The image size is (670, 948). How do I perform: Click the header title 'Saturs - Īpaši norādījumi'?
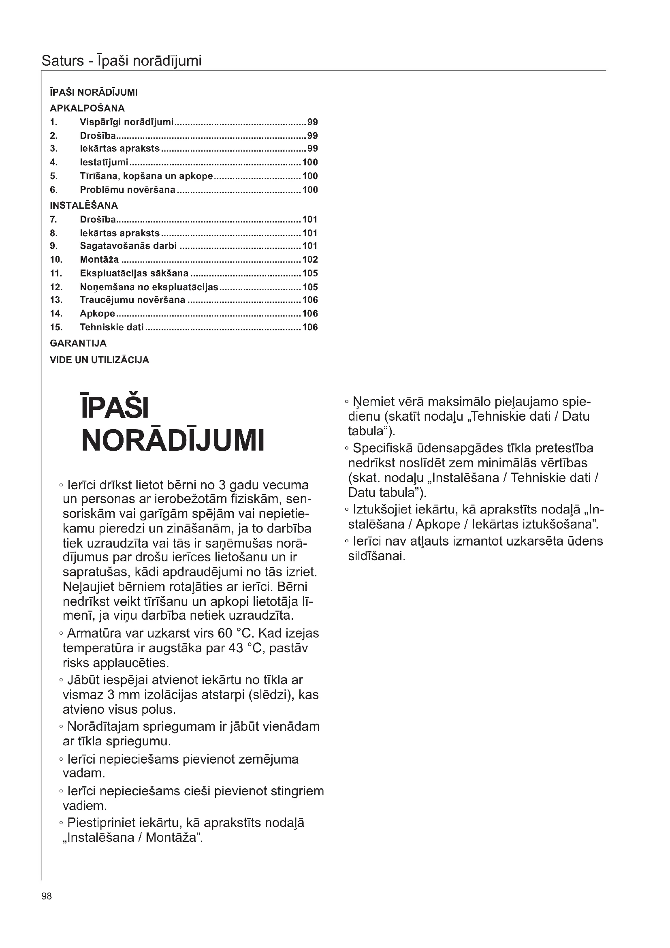121,61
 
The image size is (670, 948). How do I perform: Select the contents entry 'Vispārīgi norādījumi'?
126,122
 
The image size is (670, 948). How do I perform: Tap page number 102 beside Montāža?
310,259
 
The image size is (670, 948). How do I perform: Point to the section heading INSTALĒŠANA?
84,205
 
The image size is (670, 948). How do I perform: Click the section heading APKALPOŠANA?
87,108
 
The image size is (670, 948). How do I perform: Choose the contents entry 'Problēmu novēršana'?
128,190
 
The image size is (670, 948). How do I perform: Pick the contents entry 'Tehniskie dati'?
111,327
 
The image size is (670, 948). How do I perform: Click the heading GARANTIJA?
78,343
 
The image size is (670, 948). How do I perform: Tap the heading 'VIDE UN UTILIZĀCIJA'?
99,360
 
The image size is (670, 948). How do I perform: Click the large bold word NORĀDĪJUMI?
173,441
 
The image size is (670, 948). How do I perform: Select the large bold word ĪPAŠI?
115,407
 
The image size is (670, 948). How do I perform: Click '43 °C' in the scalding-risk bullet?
247,648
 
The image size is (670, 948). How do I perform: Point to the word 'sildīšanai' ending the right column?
377,556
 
